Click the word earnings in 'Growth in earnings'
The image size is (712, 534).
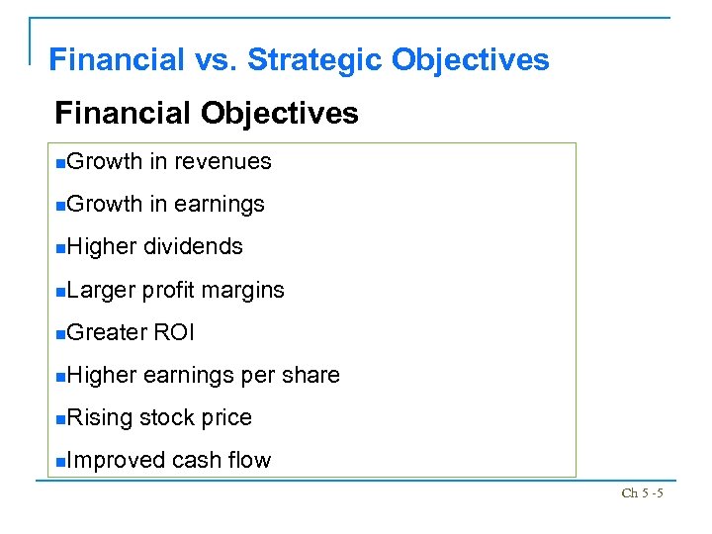click(220, 205)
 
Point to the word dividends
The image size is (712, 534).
click(194, 247)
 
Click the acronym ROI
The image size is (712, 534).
click(174, 332)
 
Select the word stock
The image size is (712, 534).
click(167, 418)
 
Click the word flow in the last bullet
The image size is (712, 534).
click(249, 461)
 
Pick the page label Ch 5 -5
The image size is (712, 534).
click(642, 492)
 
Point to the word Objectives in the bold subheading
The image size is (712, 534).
click(279, 113)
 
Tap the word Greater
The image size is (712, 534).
click(107, 332)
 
